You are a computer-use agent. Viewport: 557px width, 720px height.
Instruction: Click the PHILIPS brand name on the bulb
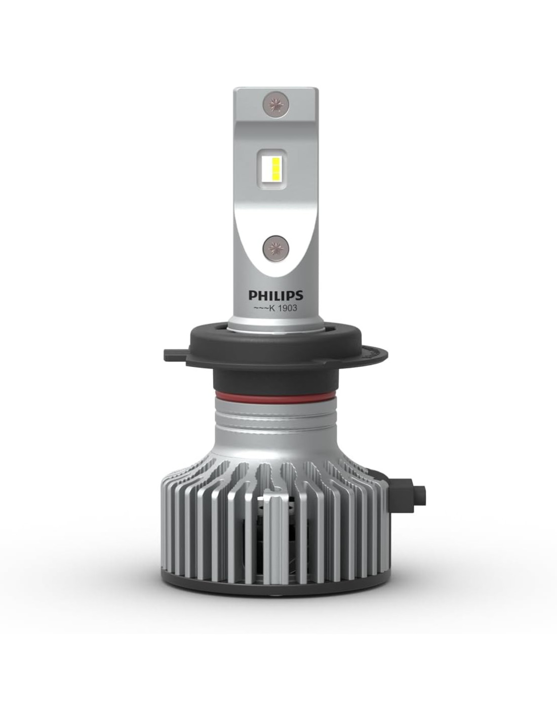[x=275, y=295]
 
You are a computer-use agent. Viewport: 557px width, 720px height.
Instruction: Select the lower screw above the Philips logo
[x=274, y=247]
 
